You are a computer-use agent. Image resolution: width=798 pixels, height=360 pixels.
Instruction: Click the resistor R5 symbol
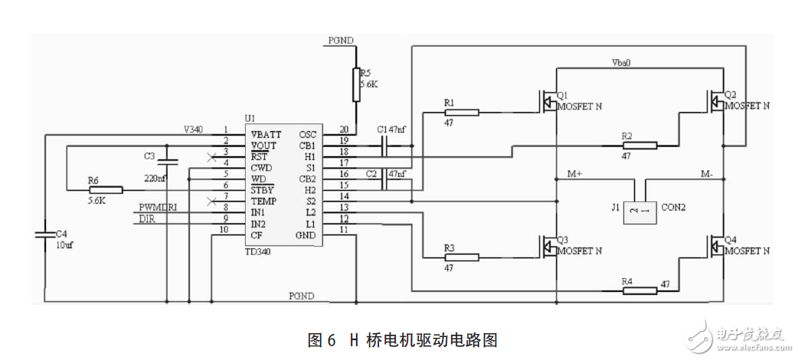point(356,83)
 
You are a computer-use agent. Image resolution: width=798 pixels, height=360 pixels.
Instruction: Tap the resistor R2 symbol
point(639,145)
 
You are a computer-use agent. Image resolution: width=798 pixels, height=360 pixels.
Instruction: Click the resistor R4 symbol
point(639,290)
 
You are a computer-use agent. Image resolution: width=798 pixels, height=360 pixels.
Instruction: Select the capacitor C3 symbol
point(170,162)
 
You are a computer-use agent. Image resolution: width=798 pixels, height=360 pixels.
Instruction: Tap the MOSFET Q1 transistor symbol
point(550,100)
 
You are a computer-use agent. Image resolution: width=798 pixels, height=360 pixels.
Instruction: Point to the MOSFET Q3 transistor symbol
point(550,245)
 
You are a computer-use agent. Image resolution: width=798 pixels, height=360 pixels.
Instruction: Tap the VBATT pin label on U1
point(267,134)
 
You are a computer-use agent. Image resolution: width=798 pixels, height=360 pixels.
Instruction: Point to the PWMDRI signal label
point(159,208)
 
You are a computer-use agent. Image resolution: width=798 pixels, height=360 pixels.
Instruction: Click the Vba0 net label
point(620,62)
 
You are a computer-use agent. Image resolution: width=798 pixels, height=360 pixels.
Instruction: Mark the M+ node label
point(575,174)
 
